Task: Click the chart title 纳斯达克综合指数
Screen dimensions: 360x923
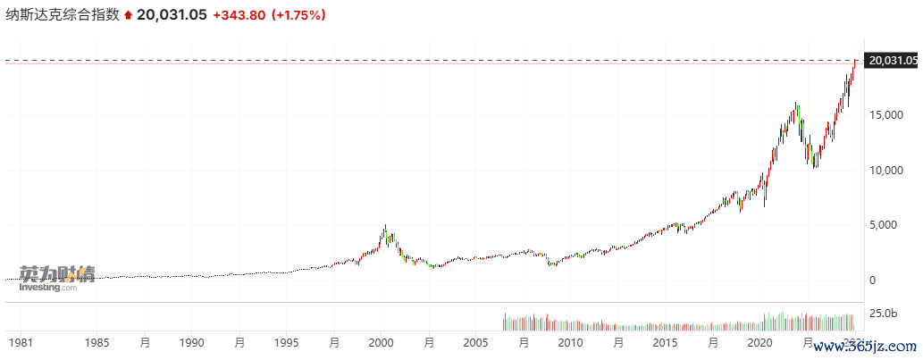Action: [x=63, y=15]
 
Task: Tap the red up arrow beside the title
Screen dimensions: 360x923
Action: [x=129, y=15]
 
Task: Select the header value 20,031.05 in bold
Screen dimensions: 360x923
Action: [x=178, y=15]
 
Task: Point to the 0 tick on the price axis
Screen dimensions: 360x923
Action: [x=872, y=280]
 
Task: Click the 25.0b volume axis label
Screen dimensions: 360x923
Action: [x=883, y=314]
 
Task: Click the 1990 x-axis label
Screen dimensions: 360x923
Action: [x=191, y=343]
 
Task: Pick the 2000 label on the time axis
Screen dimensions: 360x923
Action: [x=382, y=343]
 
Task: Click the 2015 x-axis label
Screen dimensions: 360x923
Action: [x=665, y=343]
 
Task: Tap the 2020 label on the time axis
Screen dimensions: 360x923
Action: [x=759, y=343]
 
